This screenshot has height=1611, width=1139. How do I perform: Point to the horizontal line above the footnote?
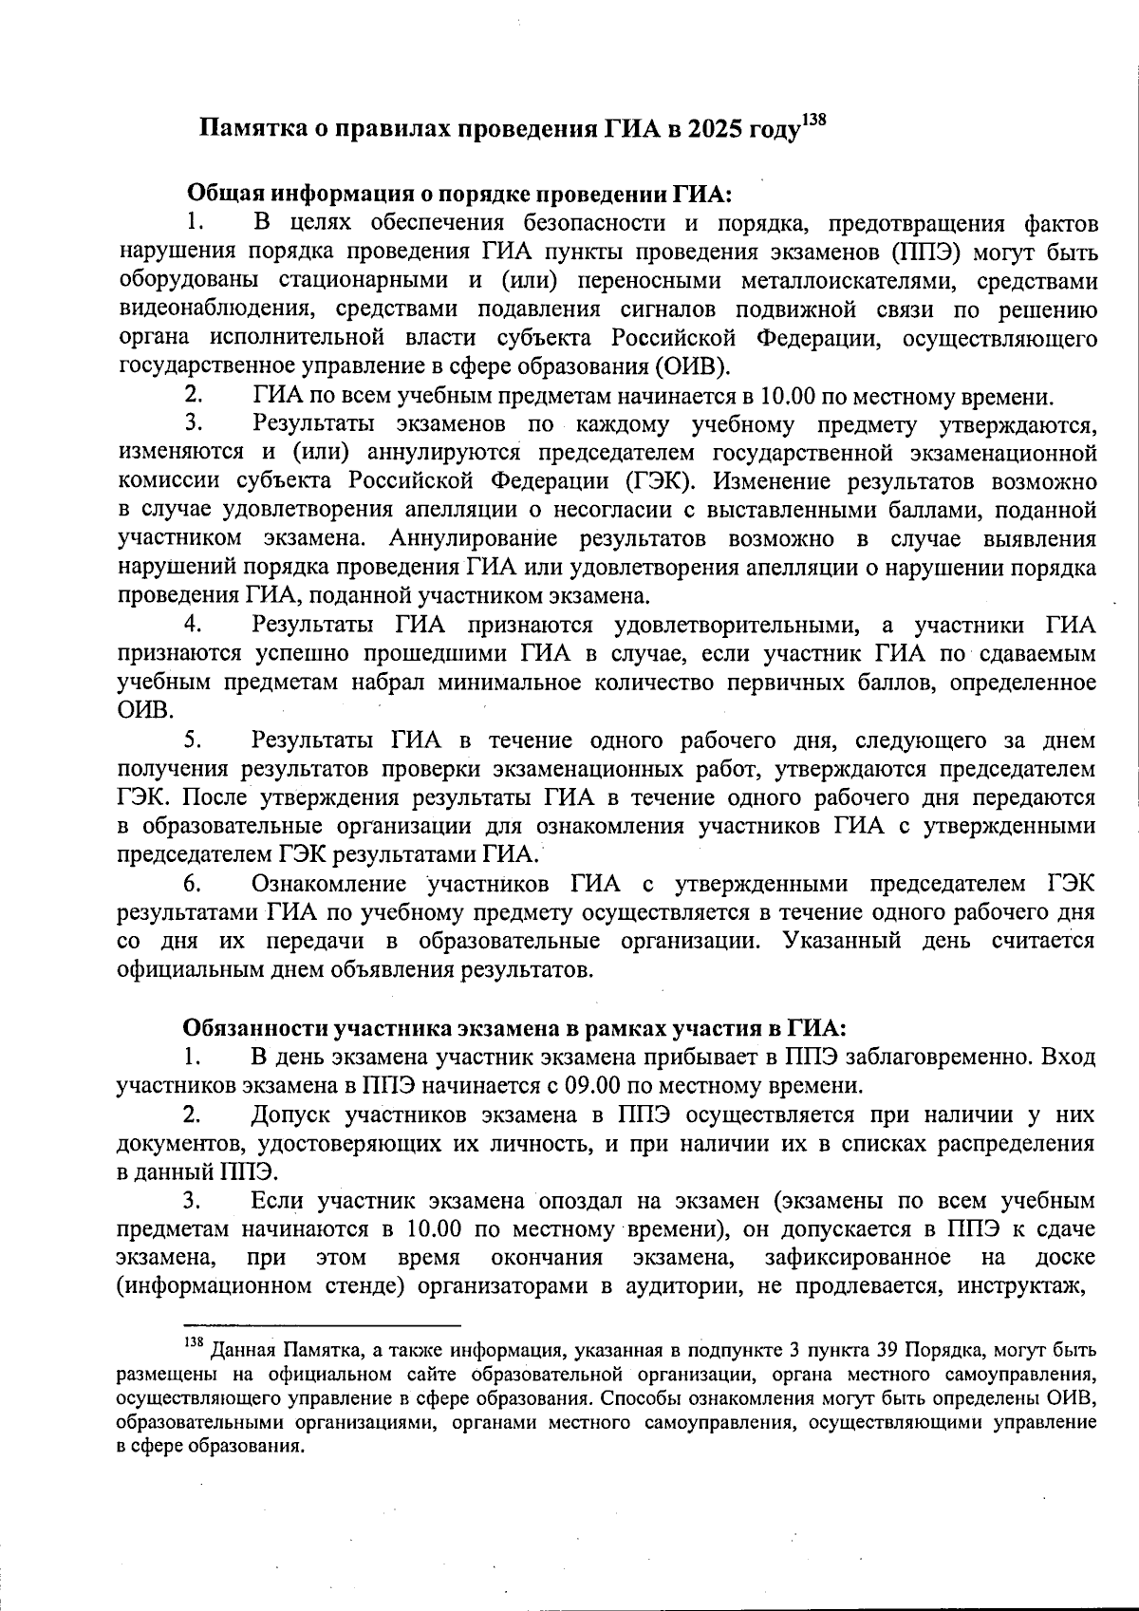322,1323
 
